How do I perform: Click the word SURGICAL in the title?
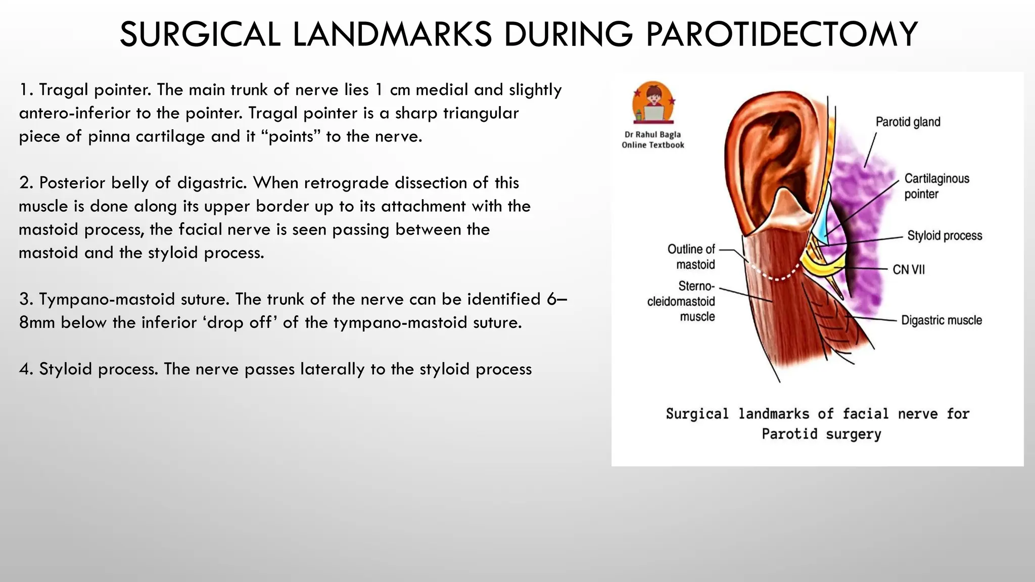pos(200,34)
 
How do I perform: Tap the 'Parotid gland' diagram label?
pos(908,122)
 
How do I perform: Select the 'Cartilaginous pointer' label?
pos(936,186)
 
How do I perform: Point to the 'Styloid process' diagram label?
pos(944,235)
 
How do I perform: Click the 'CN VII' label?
pos(908,269)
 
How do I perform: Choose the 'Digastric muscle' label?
pos(941,320)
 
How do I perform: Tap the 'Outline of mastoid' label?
pos(691,257)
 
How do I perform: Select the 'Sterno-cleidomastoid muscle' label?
pos(682,301)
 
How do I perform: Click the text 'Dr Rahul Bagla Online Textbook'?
pos(652,140)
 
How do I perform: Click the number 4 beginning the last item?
pos(24,369)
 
